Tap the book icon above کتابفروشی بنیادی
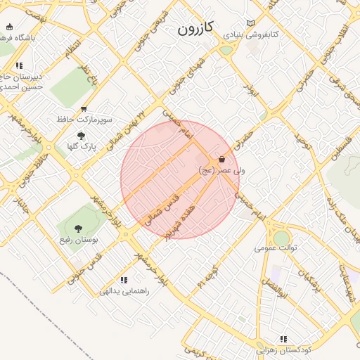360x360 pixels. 251,23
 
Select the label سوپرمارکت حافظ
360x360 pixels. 84,120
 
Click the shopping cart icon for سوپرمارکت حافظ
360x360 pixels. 84,109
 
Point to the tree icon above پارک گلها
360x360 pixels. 81,135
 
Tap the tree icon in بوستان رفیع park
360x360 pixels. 78,228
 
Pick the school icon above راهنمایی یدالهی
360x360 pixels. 124,280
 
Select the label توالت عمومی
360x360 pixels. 276,247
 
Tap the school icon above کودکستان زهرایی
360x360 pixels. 284,339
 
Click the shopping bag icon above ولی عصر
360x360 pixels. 222,160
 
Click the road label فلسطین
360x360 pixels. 340,150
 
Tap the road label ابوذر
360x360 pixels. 247,89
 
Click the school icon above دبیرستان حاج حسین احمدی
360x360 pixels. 19,65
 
